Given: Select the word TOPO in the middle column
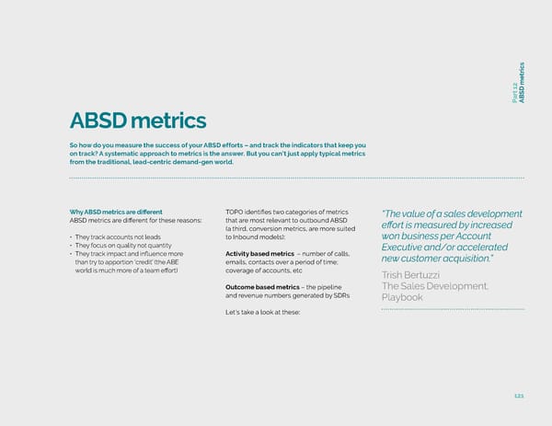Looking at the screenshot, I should coord(235,211).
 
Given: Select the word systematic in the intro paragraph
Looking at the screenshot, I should coord(149,154).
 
